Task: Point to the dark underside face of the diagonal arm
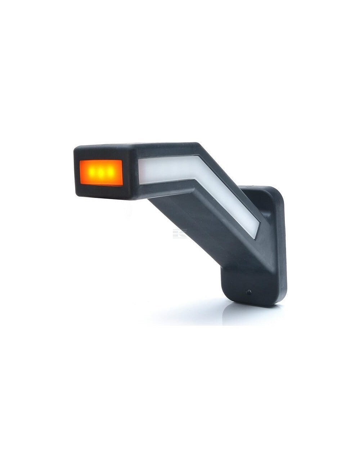pyautogui.click(x=202, y=223)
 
